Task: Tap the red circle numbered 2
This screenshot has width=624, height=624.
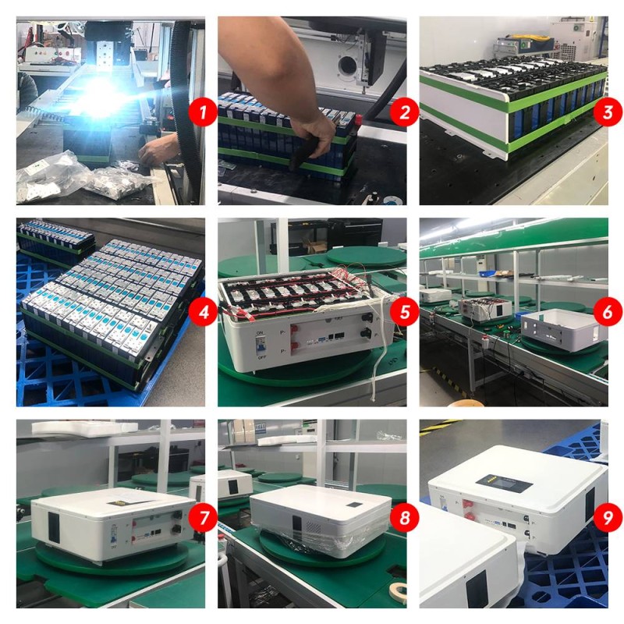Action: (405, 112)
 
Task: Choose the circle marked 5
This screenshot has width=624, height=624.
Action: (405, 314)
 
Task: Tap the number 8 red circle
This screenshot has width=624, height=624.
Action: (405, 516)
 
